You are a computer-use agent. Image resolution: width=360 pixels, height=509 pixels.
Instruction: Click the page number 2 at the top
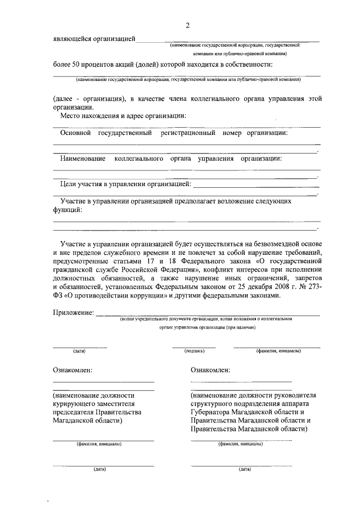pyautogui.click(x=187, y=25)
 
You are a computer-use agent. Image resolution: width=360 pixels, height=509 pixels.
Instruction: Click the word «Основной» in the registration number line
pyautogui.click(x=75, y=133)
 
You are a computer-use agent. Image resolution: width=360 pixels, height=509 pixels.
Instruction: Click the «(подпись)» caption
pyautogui.click(x=195, y=351)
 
